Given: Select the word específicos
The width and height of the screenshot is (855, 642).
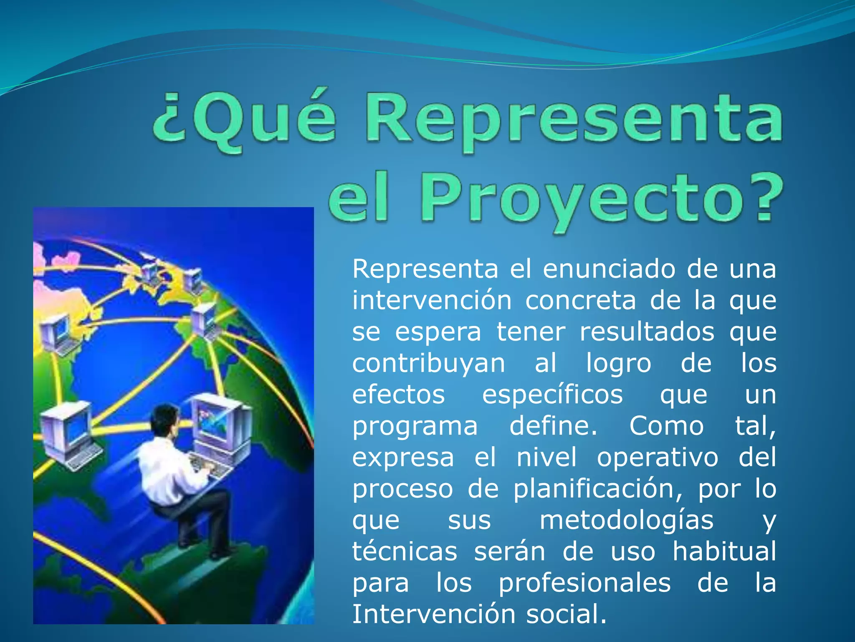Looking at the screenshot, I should coord(552,395).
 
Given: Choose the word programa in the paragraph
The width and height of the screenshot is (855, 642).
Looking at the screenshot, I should coord(415,426).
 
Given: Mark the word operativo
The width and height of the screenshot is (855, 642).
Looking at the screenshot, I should coord(658,457).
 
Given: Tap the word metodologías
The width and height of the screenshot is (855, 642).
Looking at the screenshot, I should coord(626,520).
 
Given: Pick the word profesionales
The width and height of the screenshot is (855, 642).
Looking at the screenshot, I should coord(584,583).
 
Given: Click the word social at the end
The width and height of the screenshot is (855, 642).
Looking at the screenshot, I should coord(565,614).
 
